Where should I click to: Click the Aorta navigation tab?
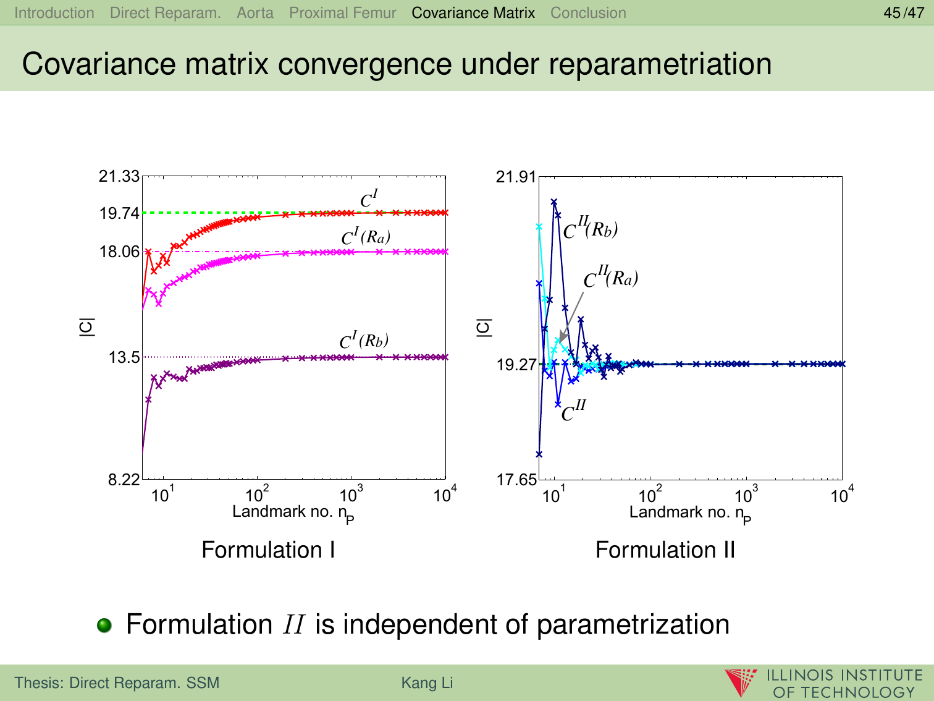255,13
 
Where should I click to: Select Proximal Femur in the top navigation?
342,13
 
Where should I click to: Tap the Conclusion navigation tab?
588,13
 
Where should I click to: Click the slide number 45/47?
904,13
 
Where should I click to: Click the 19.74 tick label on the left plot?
119,214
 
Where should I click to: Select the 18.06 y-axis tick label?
119,252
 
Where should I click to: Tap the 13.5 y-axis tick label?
124,357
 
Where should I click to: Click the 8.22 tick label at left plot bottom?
124,480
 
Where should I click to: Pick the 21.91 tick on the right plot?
516,177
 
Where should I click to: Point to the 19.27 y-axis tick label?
516,365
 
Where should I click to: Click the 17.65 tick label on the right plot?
516,480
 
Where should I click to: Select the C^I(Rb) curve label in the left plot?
364,341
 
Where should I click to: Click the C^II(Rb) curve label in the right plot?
590,229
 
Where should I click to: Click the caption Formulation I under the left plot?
268,550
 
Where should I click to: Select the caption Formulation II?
665,550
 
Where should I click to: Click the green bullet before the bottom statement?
105,625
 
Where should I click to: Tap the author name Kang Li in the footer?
427,683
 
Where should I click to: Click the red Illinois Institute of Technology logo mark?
741,682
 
